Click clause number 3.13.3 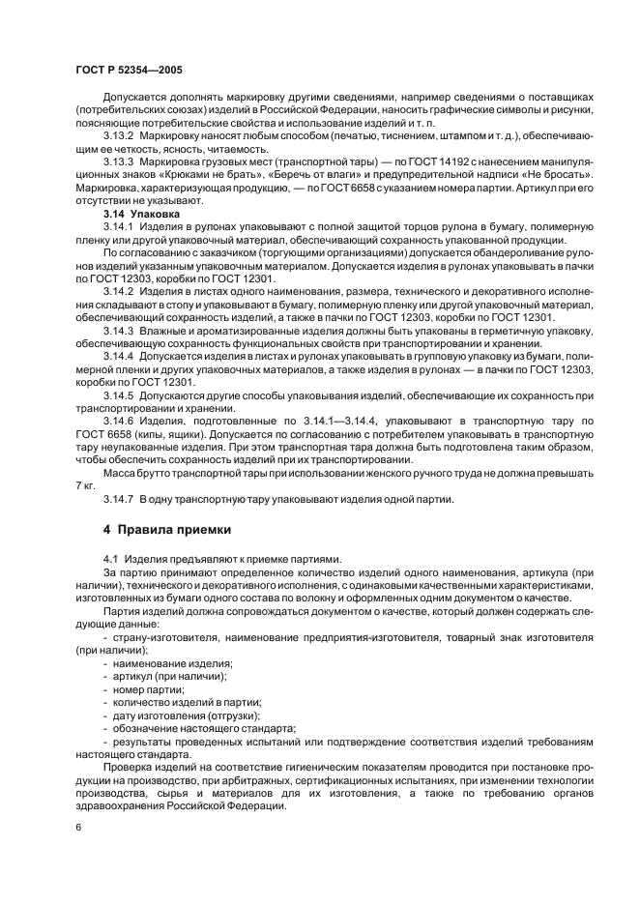coord(120,161)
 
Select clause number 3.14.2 coord(120,291)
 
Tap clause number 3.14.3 coord(120,331)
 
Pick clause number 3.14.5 coord(120,396)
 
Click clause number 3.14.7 coord(120,499)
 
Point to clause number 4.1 coord(109,561)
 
